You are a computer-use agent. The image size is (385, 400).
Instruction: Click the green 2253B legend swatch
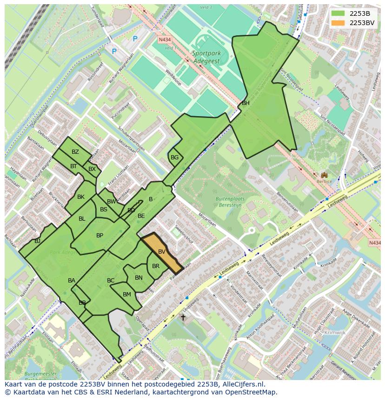tap(338, 13)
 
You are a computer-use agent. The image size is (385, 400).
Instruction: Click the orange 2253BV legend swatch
tap(338, 23)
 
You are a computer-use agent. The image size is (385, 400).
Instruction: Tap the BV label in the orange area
tap(162, 252)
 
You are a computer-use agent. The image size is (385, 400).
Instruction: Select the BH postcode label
tap(246, 103)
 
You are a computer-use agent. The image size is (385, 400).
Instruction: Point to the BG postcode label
tap(174, 157)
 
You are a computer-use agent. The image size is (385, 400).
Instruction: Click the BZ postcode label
tap(75, 152)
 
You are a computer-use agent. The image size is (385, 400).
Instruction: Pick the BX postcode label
tap(92, 169)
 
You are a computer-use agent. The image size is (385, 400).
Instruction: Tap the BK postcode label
tap(81, 197)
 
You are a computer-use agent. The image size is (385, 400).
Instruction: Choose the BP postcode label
tap(100, 236)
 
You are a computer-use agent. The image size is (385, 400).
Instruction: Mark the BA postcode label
tap(72, 281)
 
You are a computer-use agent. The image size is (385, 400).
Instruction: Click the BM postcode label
tap(127, 295)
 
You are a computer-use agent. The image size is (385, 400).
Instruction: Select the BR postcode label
tap(156, 266)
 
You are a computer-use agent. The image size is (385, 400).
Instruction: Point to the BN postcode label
tap(139, 278)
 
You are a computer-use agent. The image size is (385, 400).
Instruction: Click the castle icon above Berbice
tap(324, 175)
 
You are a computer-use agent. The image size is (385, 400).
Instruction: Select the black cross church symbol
tap(183, 317)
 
